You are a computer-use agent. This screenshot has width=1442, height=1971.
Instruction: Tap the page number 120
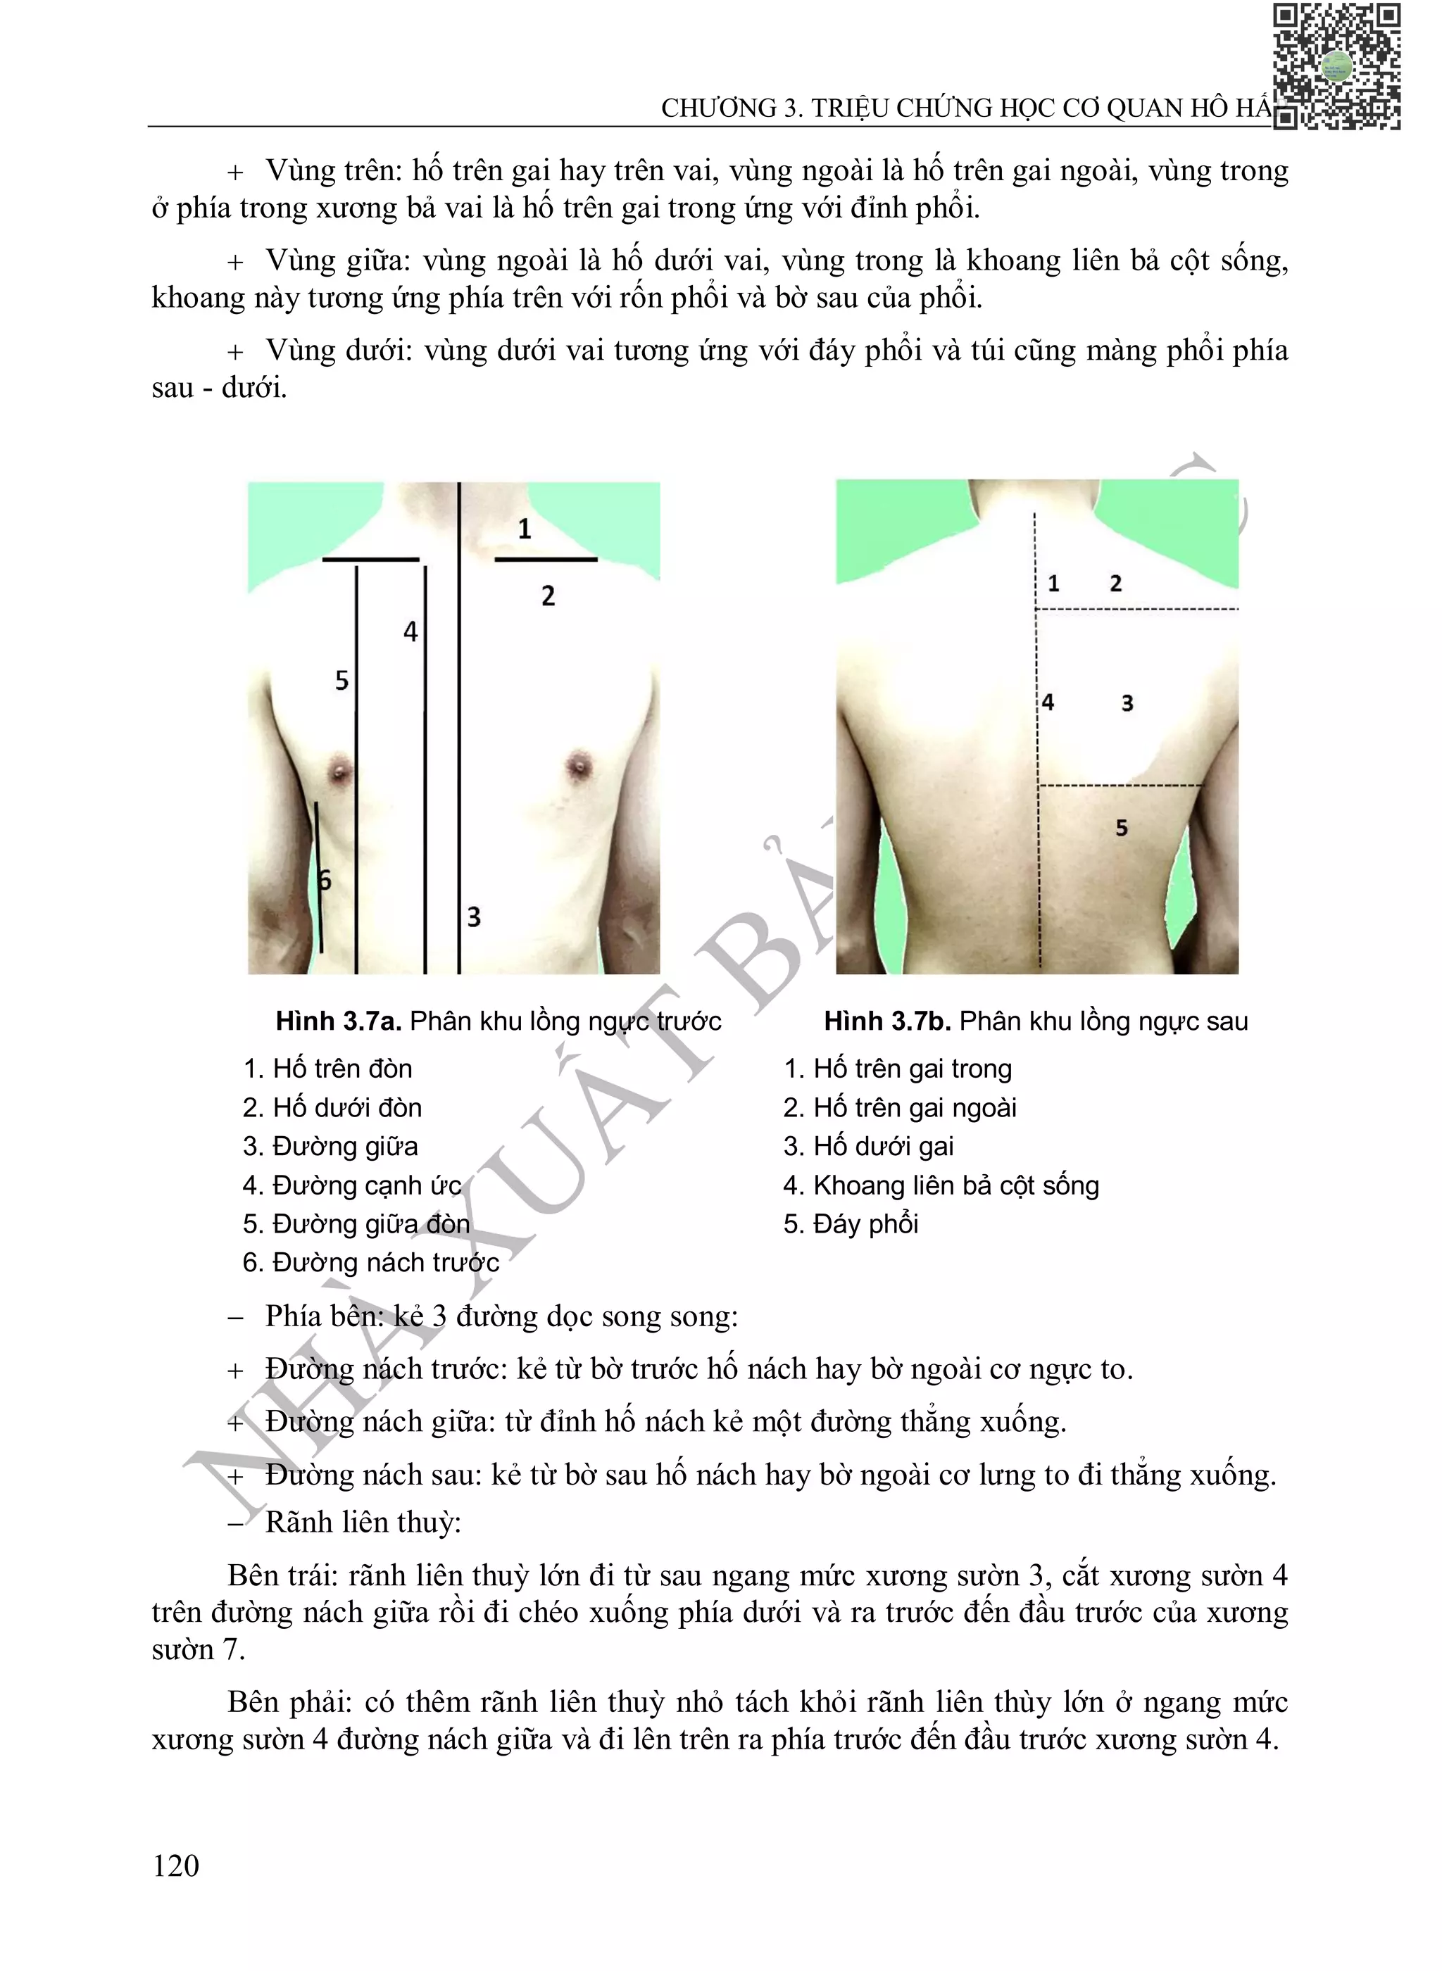(x=175, y=1865)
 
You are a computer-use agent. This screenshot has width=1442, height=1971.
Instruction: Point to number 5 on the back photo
(x=1122, y=828)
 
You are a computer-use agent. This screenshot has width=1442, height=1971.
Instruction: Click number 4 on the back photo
(x=1048, y=703)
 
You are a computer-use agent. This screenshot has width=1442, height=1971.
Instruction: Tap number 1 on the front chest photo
(x=524, y=529)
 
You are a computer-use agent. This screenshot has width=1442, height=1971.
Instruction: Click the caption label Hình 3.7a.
(x=339, y=1021)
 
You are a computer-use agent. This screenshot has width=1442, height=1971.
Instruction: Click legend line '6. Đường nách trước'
(x=371, y=1263)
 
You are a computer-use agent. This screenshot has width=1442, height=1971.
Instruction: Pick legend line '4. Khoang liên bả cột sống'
(x=941, y=1185)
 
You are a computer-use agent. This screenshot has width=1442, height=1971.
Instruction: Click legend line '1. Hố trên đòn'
(x=327, y=1069)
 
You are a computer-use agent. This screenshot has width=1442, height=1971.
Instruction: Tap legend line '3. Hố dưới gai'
(x=869, y=1147)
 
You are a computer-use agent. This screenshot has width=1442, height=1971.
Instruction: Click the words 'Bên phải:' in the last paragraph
(x=289, y=1702)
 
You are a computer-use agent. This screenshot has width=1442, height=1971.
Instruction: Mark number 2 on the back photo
(x=1115, y=584)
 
